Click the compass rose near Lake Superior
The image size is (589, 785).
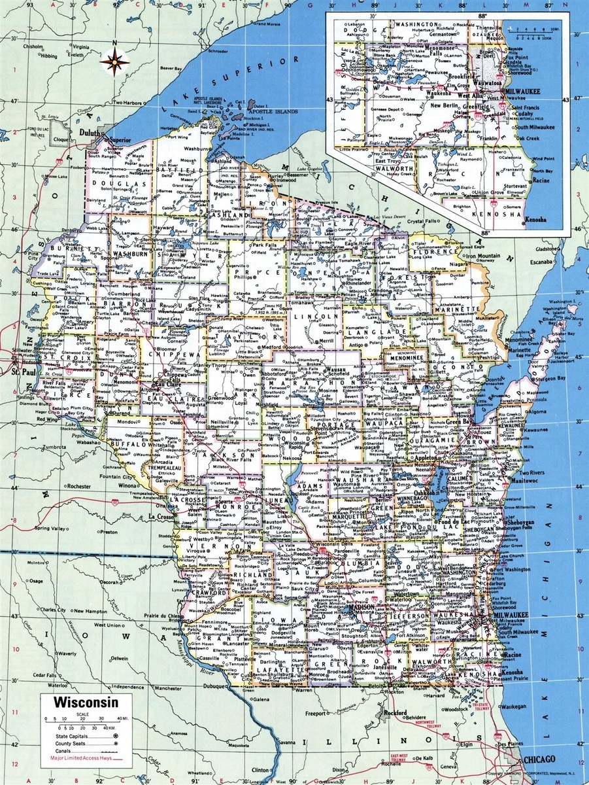114,62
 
